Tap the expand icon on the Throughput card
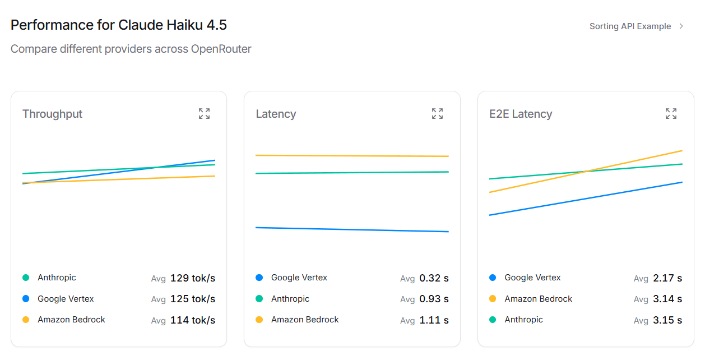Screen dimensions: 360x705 pos(205,114)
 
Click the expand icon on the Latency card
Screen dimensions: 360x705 pos(438,114)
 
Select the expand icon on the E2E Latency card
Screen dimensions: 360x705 pos(671,114)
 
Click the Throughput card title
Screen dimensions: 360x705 pos(52,114)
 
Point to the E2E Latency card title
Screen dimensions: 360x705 pos(521,114)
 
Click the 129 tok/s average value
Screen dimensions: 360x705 pos(192,278)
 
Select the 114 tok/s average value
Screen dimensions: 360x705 pos(192,320)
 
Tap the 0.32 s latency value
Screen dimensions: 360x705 pos(434,278)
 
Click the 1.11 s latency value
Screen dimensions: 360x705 pos(434,320)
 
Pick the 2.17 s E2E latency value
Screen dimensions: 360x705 pos(667,278)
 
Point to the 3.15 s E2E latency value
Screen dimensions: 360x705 pos(667,320)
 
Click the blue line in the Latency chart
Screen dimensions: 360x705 pos(352,229)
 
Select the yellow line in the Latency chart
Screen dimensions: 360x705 pos(352,156)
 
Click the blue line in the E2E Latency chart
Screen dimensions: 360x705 pos(586,199)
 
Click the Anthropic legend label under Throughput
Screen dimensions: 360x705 pos(57,278)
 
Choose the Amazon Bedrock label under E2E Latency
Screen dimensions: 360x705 pos(538,299)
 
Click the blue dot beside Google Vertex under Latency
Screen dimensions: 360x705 pos(259,278)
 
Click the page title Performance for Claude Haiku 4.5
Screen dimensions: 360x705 pos(119,25)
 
